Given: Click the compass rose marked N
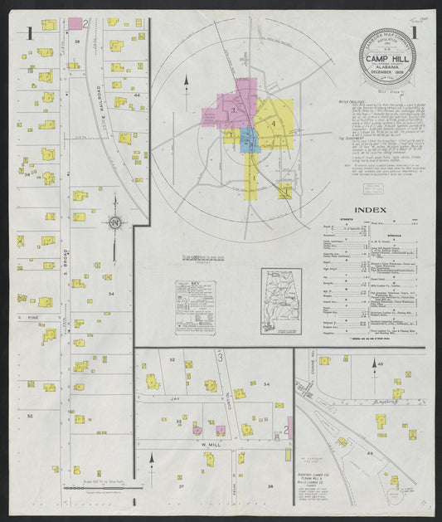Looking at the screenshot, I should coord(115,222).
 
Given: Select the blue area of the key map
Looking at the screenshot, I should coord(249,139).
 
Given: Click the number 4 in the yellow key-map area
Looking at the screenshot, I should coord(272,124).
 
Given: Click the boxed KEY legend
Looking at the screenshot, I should coord(195,307).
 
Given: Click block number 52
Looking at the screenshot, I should coord(30,415).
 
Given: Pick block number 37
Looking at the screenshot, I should coord(180,486).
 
